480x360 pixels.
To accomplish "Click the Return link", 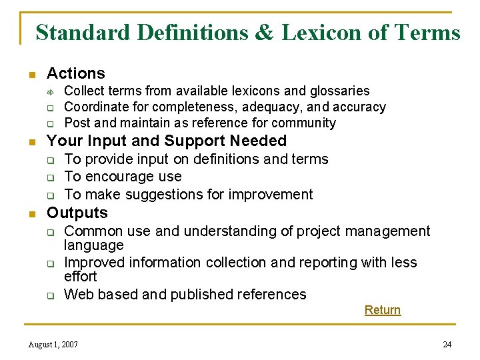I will (x=383, y=310).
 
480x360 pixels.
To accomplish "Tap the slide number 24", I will (x=447, y=345).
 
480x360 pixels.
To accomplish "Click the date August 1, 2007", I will (x=53, y=345).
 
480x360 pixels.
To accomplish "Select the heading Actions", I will (x=76, y=73).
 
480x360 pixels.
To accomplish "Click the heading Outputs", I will (x=77, y=213).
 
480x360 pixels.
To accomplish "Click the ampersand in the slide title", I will (x=263, y=33).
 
